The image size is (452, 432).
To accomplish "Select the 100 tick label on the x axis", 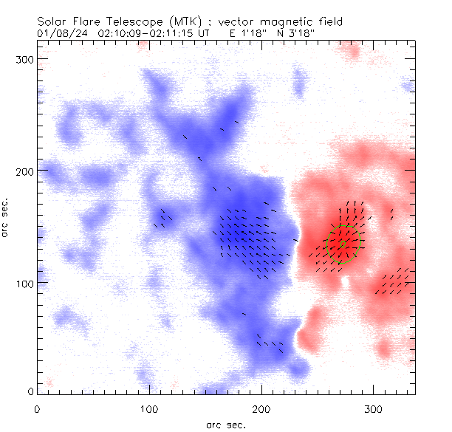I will [x=149, y=408].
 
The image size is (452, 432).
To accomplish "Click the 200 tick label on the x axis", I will [x=261, y=408].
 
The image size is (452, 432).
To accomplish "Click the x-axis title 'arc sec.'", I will [x=225, y=424].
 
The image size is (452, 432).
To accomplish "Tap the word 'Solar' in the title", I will [x=52, y=21].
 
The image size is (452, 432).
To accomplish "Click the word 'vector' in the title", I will [x=229, y=21].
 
